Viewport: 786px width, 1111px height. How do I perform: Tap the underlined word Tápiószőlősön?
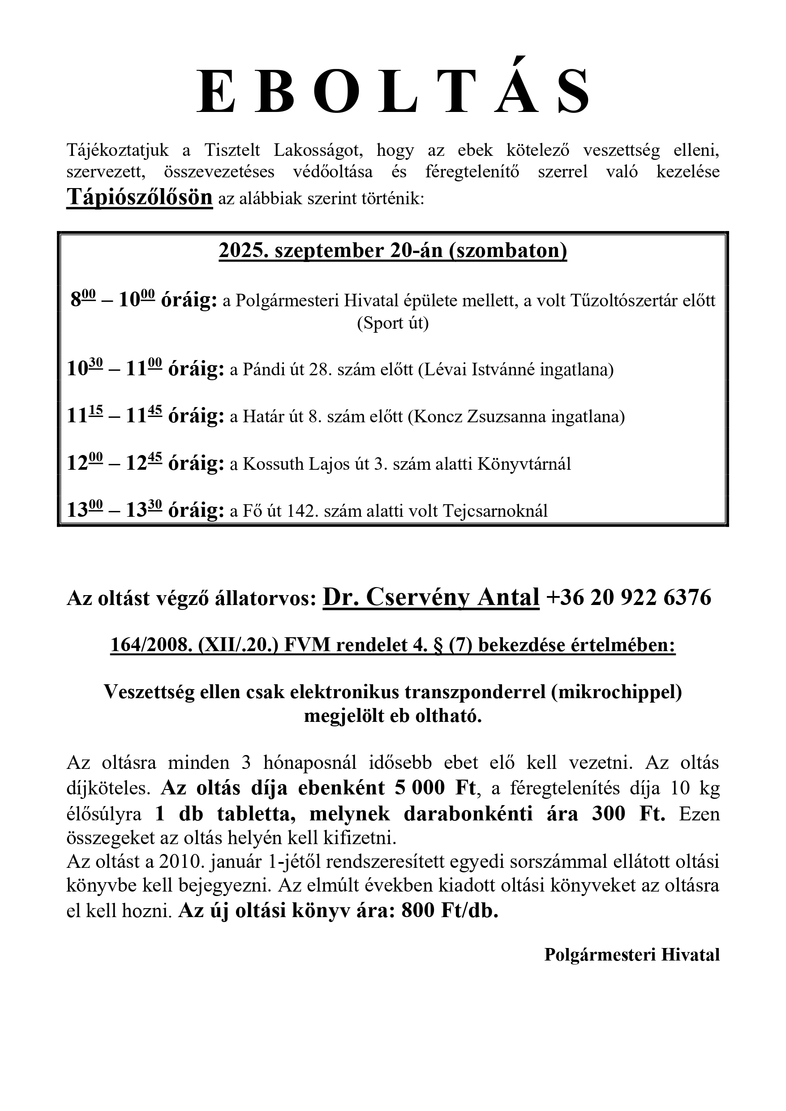(x=139, y=197)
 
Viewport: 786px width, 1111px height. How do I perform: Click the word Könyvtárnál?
(x=524, y=464)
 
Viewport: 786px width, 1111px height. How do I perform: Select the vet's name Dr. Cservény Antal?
(x=431, y=596)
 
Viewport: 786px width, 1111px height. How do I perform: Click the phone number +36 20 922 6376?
(x=629, y=598)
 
